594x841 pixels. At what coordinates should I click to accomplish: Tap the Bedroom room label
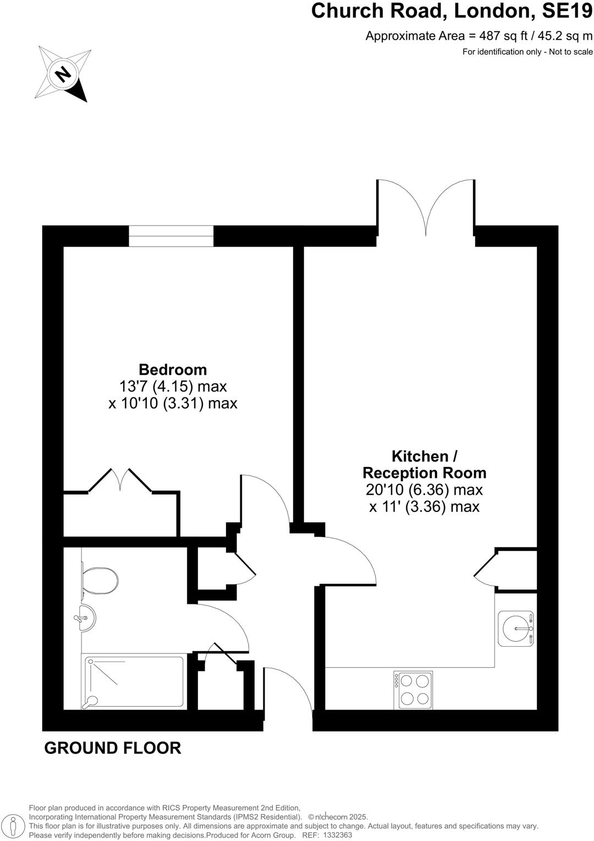point(173,369)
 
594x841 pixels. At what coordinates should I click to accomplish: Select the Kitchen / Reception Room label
point(425,465)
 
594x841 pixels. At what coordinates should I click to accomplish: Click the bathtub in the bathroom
point(134,681)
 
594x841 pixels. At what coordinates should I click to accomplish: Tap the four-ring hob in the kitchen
point(414,690)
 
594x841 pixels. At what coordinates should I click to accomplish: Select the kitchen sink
point(516,628)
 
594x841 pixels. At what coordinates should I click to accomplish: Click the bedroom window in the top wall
point(171,236)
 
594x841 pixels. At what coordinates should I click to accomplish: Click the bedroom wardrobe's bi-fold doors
point(120,479)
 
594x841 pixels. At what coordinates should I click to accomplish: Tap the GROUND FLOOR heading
point(113,748)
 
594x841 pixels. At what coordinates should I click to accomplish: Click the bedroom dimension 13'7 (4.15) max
point(173,386)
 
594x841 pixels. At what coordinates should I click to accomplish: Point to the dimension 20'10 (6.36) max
point(425,489)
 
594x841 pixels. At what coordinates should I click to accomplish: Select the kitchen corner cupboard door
point(485,567)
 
